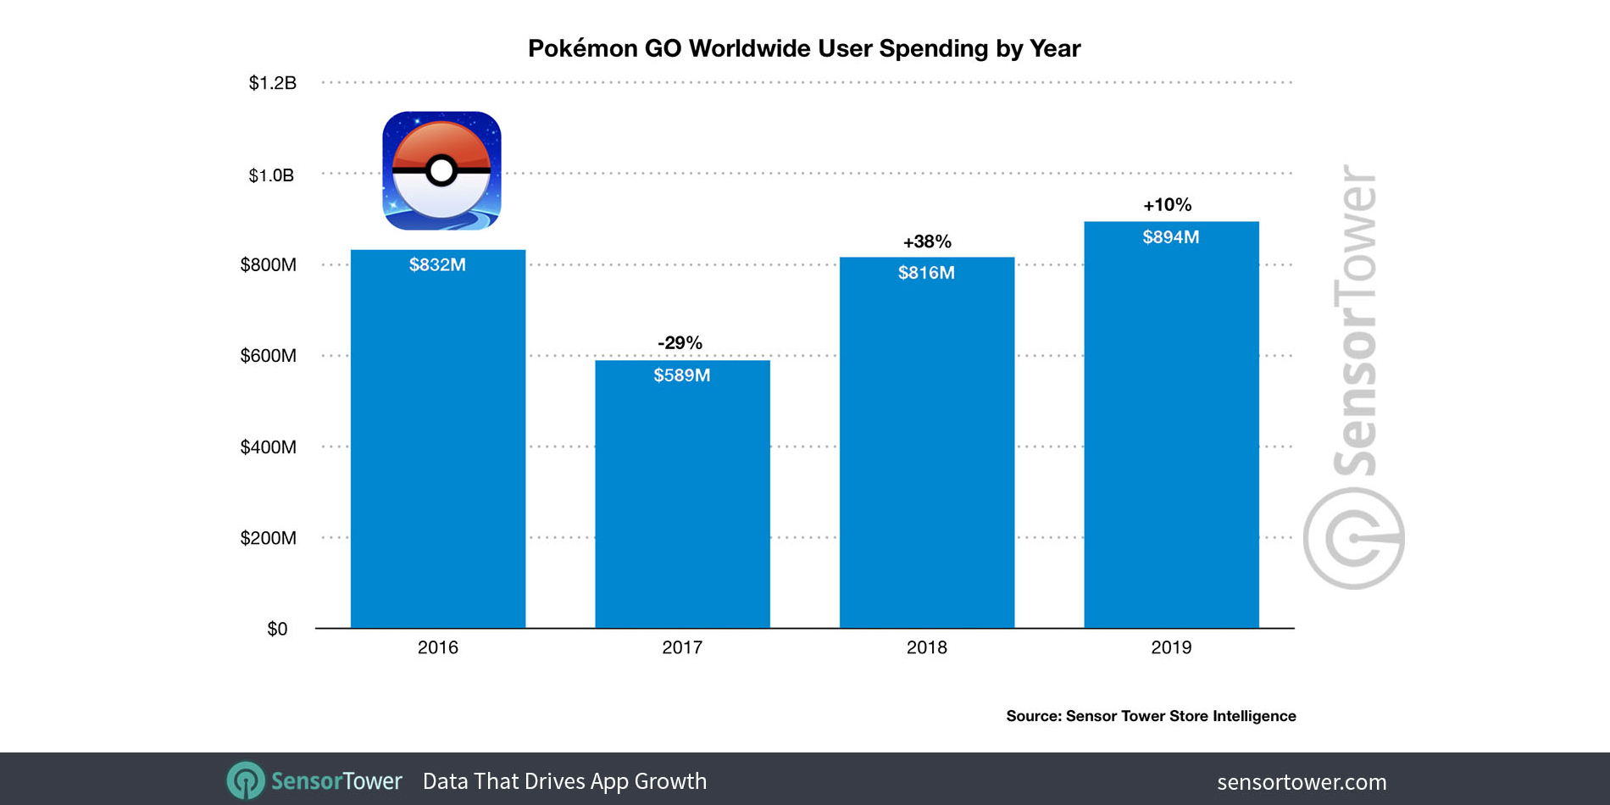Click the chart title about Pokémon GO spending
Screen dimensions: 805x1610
tap(804, 48)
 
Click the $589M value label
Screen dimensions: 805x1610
tap(682, 375)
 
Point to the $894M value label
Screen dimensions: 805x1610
tap(1171, 237)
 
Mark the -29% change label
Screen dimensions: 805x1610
tap(680, 342)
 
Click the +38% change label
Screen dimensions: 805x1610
tap(927, 242)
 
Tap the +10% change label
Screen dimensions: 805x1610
tap(1168, 205)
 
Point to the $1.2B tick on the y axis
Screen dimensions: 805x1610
tap(272, 83)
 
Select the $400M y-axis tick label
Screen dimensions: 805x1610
tap(268, 447)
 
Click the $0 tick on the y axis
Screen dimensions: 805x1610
tap(277, 629)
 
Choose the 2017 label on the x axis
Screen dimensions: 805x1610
tap(682, 647)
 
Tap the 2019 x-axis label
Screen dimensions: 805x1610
tap(1171, 647)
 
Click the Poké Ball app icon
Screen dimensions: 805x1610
tap(441, 170)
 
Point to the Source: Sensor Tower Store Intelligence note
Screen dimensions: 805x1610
tap(1151, 716)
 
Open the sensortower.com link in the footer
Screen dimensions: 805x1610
tap(1302, 781)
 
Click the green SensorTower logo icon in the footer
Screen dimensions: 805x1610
tap(246, 780)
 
